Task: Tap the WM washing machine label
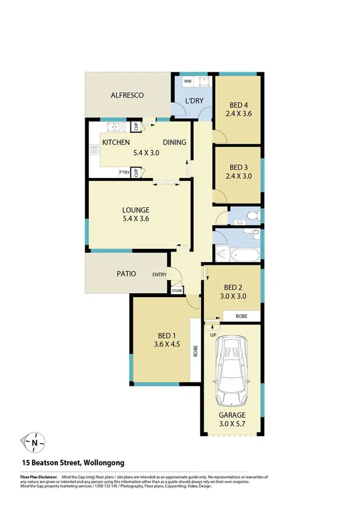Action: (187, 81)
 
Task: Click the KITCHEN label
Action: (117, 143)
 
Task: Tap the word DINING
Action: (174, 143)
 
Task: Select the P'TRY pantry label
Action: (124, 173)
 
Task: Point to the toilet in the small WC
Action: (252, 214)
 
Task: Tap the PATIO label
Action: (126, 274)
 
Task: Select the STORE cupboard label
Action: (177, 291)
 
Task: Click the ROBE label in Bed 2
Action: (240, 316)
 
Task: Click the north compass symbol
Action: (34, 443)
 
